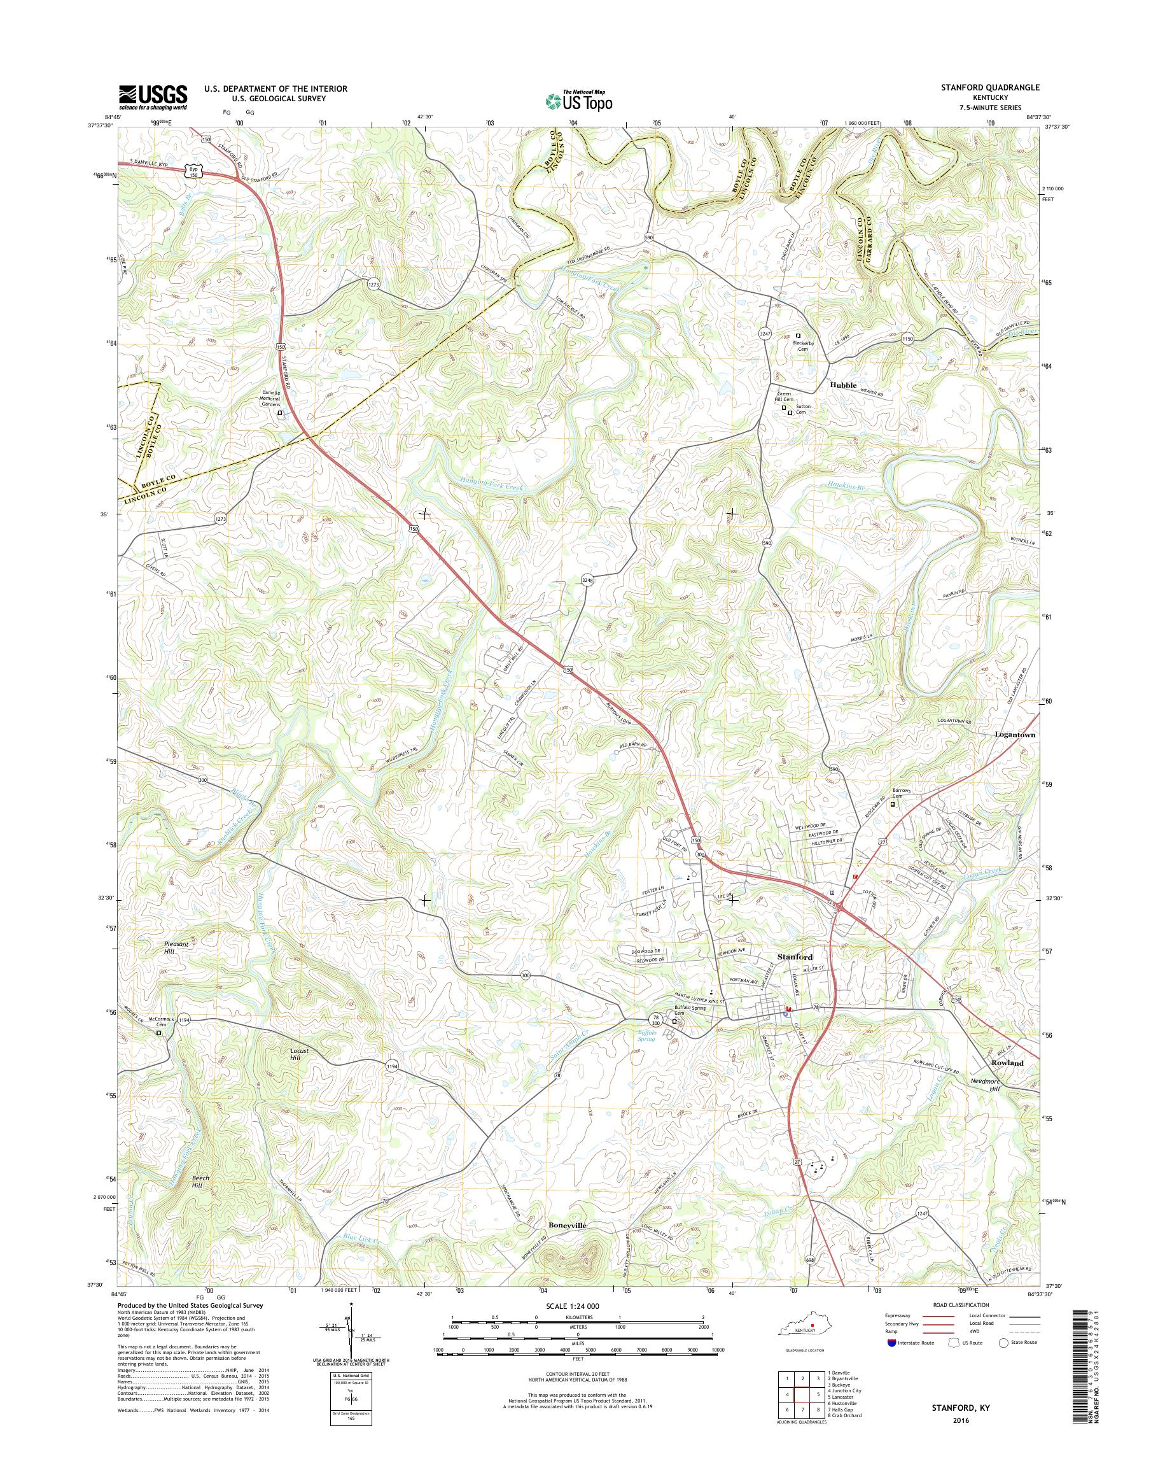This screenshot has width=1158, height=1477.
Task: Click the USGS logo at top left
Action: (153, 97)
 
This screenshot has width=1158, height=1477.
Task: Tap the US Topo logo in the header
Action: (578, 101)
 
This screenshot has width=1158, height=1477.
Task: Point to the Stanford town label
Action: (795, 957)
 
